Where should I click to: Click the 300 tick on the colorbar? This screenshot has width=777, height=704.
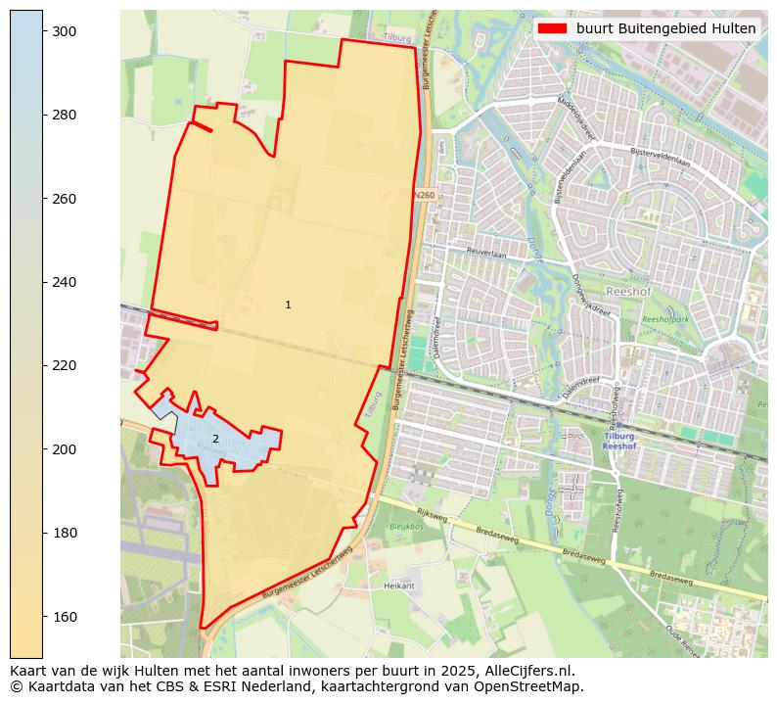click(x=65, y=31)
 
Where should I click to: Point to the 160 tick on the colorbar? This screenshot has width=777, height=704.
click(x=65, y=617)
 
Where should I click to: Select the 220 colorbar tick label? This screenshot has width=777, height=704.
click(x=65, y=366)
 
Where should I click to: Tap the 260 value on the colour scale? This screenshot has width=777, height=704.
click(x=65, y=199)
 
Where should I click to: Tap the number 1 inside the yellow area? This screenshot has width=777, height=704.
click(x=288, y=305)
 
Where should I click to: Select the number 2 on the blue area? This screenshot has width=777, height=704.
click(x=215, y=440)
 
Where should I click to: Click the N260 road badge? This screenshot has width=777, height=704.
click(x=423, y=196)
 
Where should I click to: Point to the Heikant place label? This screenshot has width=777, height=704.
click(x=400, y=586)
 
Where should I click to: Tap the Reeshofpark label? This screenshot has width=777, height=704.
click(x=665, y=320)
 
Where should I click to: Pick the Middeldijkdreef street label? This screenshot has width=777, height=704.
click(x=575, y=116)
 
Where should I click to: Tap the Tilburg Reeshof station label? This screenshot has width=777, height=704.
click(x=618, y=442)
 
